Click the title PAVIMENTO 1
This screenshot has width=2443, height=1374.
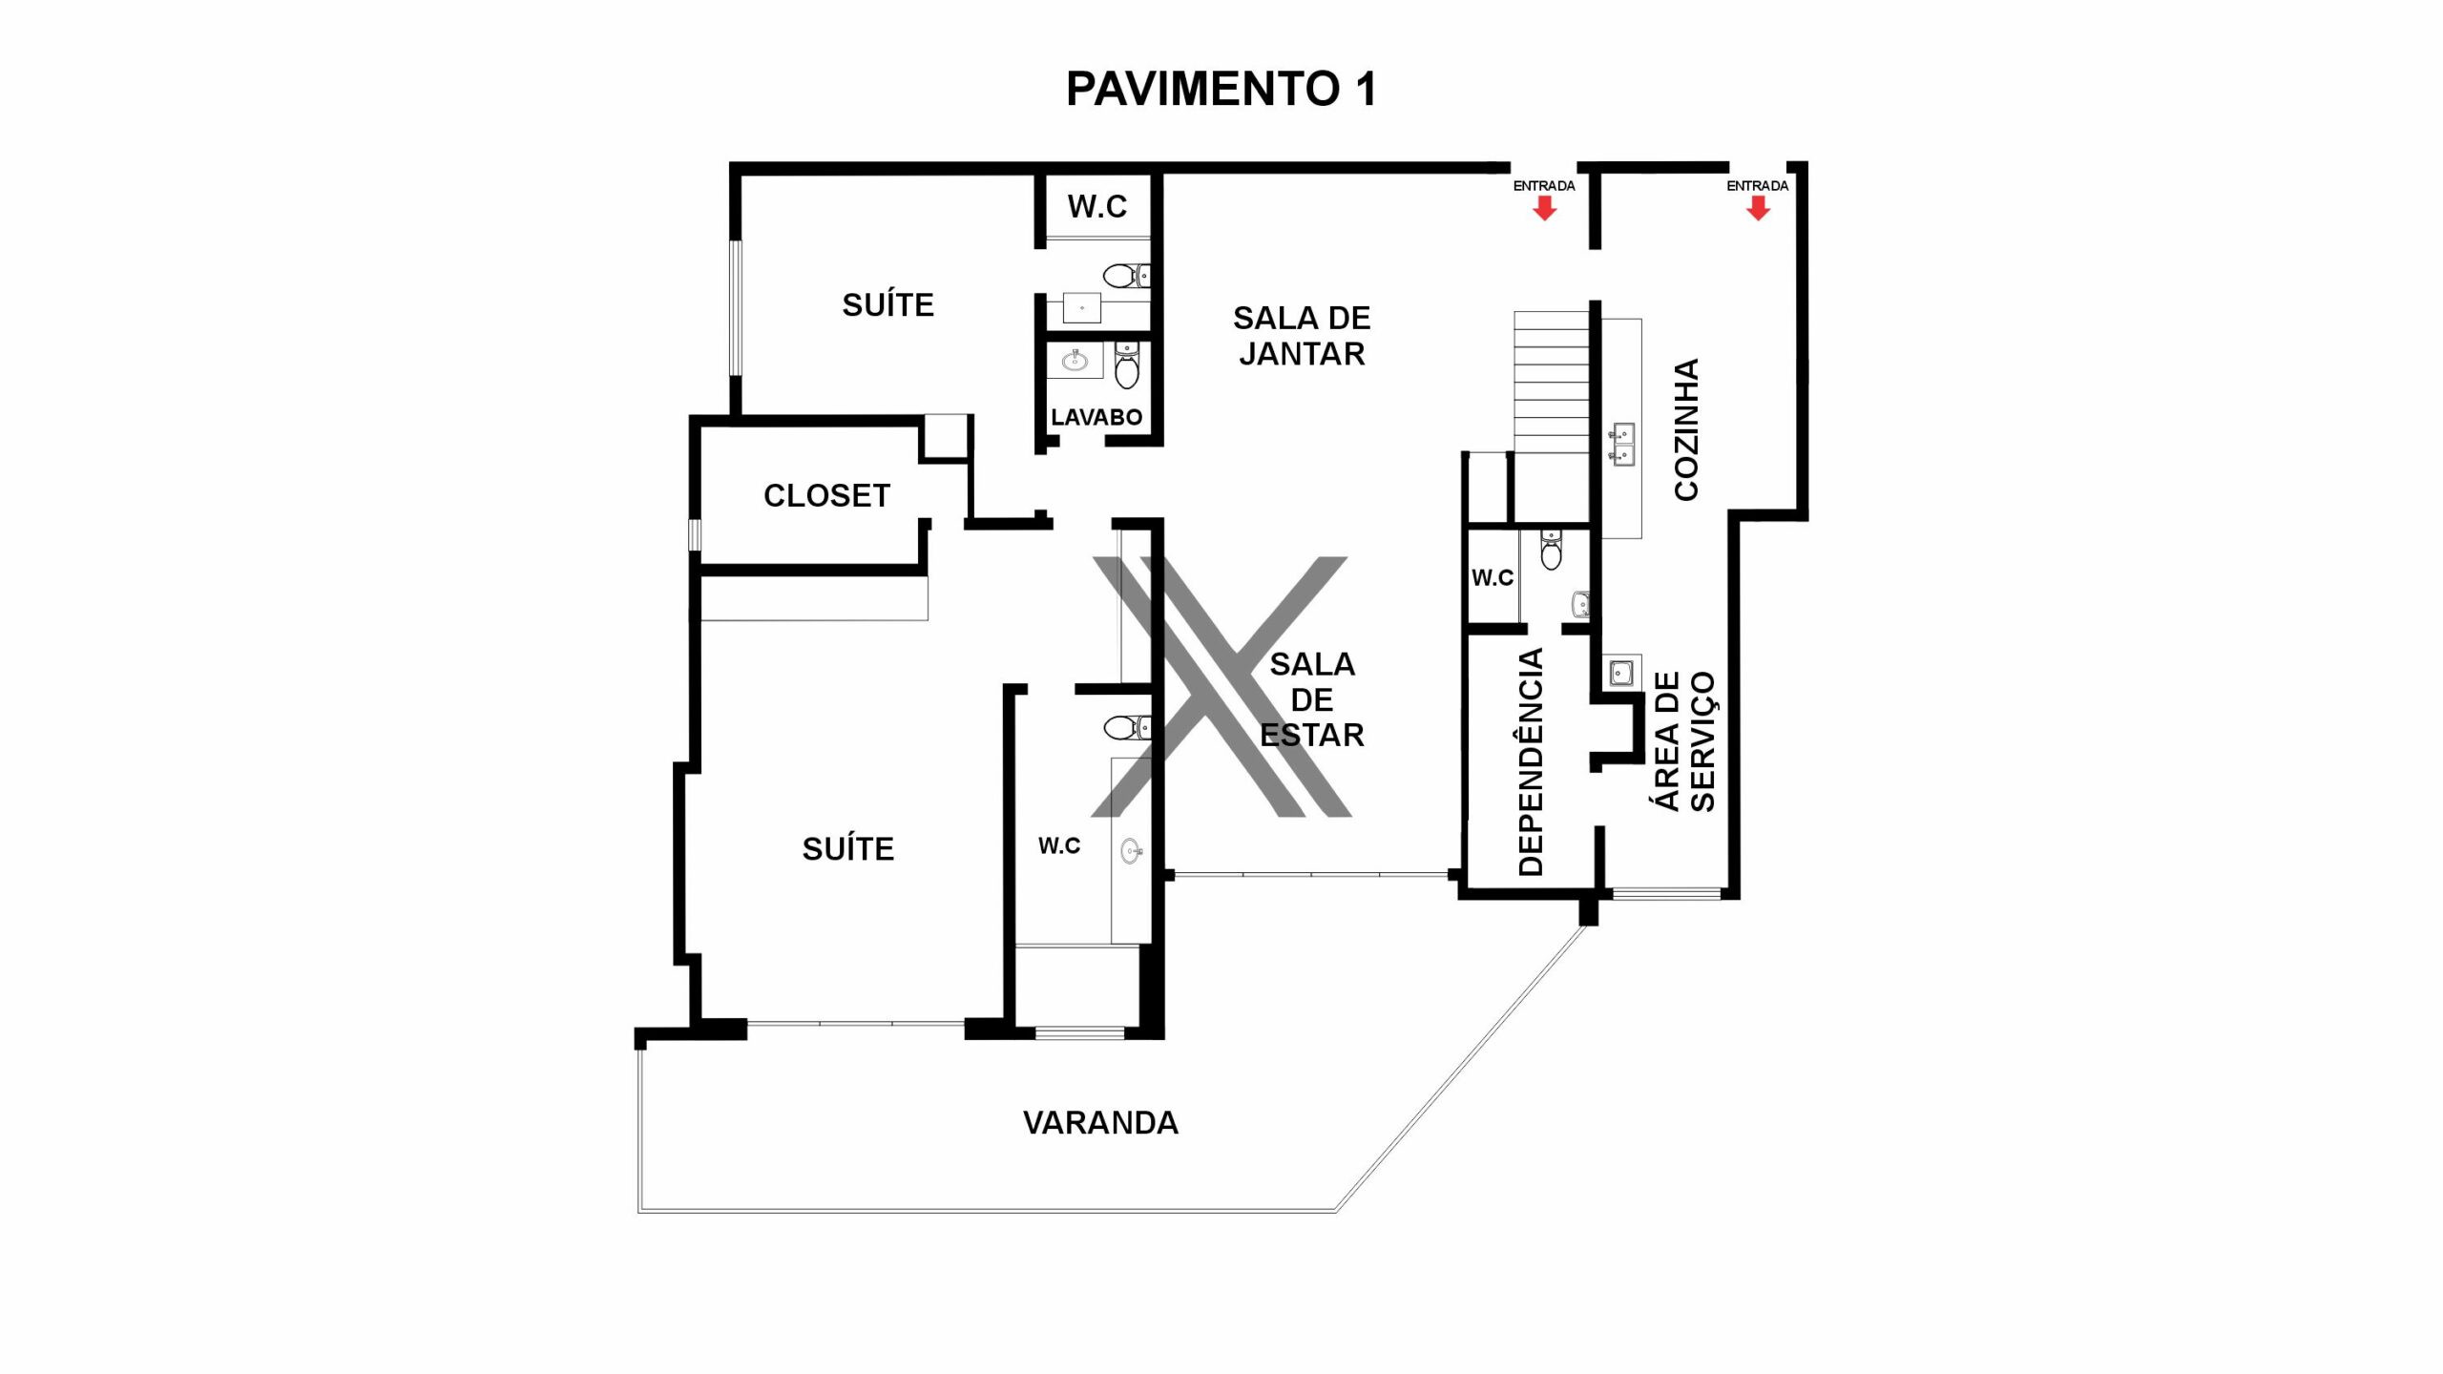pos(1221,89)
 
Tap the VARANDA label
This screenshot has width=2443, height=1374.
pos(1100,1123)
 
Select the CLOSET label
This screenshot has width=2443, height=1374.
pos(826,495)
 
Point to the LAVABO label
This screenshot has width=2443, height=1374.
pos(1096,417)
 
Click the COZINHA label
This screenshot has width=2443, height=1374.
pos(1687,429)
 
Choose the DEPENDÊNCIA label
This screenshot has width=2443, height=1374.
pos(1531,761)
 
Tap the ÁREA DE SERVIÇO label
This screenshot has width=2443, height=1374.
pos(1684,741)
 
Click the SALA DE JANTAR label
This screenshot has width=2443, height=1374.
pos(1302,336)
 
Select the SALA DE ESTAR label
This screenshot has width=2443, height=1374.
pos(1312,699)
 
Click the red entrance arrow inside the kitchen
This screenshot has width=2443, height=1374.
pos(1758,208)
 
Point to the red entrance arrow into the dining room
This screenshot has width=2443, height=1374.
pos(1544,208)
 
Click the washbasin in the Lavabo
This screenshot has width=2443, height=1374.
pos(1075,359)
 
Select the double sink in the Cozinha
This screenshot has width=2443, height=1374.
pos(1620,444)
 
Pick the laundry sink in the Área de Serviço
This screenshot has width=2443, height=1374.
pos(1621,673)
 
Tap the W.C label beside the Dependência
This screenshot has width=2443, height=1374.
pos(1493,577)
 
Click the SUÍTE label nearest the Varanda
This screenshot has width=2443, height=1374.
pos(848,848)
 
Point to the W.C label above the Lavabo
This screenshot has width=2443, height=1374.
pos(1097,206)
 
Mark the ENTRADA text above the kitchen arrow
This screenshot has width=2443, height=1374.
pos(1758,186)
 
